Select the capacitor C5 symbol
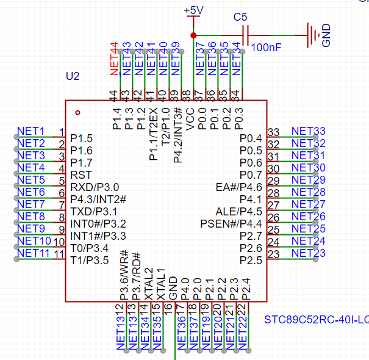(246, 35)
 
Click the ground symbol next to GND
(312, 35)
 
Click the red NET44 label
(114, 59)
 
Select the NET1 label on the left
(31, 131)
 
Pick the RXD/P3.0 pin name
(95, 187)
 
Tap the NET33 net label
(308, 131)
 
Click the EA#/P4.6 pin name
(238, 187)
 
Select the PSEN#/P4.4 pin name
(231, 223)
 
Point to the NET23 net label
(308, 253)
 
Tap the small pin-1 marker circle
(77, 112)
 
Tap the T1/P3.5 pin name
(90, 260)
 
